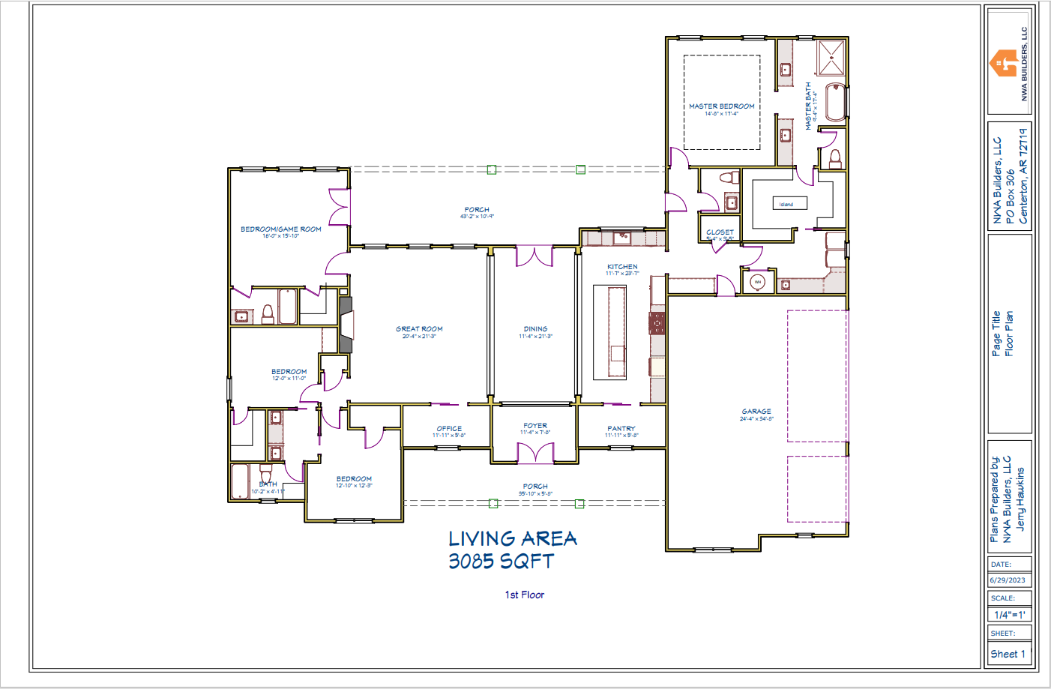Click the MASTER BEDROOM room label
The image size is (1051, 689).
pyautogui.click(x=721, y=106)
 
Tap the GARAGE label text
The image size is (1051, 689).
pyautogui.click(x=756, y=412)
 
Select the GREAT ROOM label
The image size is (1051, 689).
pyautogui.click(x=419, y=329)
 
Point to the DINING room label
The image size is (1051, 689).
pyautogui.click(x=535, y=329)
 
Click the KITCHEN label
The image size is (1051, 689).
pyautogui.click(x=622, y=267)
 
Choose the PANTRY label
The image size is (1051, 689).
pyautogui.click(x=621, y=429)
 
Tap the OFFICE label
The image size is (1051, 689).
pyautogui.click(x=449, y=429)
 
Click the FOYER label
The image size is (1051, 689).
pyautogui.click(x=535, y=426)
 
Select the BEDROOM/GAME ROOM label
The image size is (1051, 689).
pyautogui.click(x=280, y=229)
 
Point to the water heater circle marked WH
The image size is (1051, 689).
pyautogui.click(x=758, y=282)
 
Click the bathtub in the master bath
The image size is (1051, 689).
pyautogui.click(x=836, y=102)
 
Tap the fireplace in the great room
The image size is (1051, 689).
pyautogui.click(x=346, y=325)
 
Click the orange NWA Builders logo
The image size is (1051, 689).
pyautogui.click(x=1003, y=63)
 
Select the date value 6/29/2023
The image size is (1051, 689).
pyautogui.click(x=1008, y=580)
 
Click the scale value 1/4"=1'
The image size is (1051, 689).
pyautogui.click(x=1009, y=615)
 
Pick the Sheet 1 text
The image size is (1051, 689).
pyautogui.click(x=1008, y=654)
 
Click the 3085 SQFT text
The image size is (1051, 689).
pyautogui.click(x=501, y=561)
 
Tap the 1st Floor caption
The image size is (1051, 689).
pyautogui.click(x=524, y=595)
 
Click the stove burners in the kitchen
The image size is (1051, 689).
pyautogui.click(x=657, y=323)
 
